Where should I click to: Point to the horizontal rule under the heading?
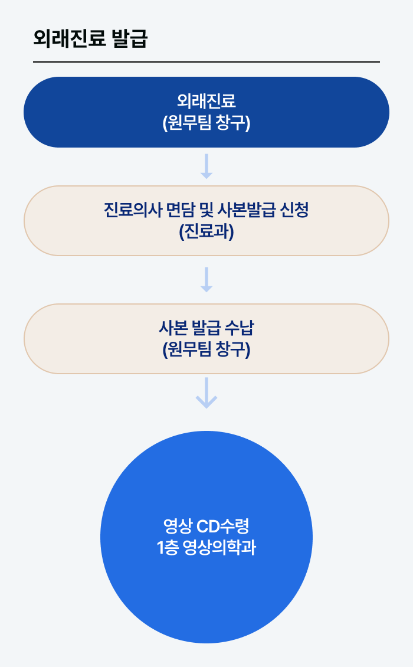tap(206, 61)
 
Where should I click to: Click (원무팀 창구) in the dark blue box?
tap(206, 123)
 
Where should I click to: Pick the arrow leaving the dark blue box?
tap(206, 166)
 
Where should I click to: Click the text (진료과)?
tap(206, 232)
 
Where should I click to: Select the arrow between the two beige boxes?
tap(206, 279)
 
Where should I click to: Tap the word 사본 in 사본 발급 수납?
tap(172, 328)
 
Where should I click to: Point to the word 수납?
tap(241, 328)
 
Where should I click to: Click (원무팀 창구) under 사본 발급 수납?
tap(206, 350)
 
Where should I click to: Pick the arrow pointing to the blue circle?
tap(206, 393)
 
